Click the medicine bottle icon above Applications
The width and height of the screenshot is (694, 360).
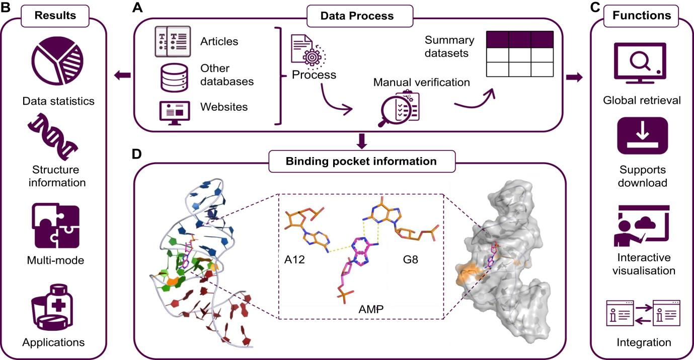coord(53,309)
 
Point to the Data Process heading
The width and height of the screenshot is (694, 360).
coord(357,16)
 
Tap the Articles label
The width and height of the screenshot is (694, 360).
coord(219,41)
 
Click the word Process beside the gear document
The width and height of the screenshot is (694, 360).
coord(314,75)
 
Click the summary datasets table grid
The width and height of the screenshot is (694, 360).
coord(520,54)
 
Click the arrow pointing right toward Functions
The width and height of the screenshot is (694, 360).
coord(574,77)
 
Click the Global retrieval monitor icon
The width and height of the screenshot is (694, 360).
coord(640,63)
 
